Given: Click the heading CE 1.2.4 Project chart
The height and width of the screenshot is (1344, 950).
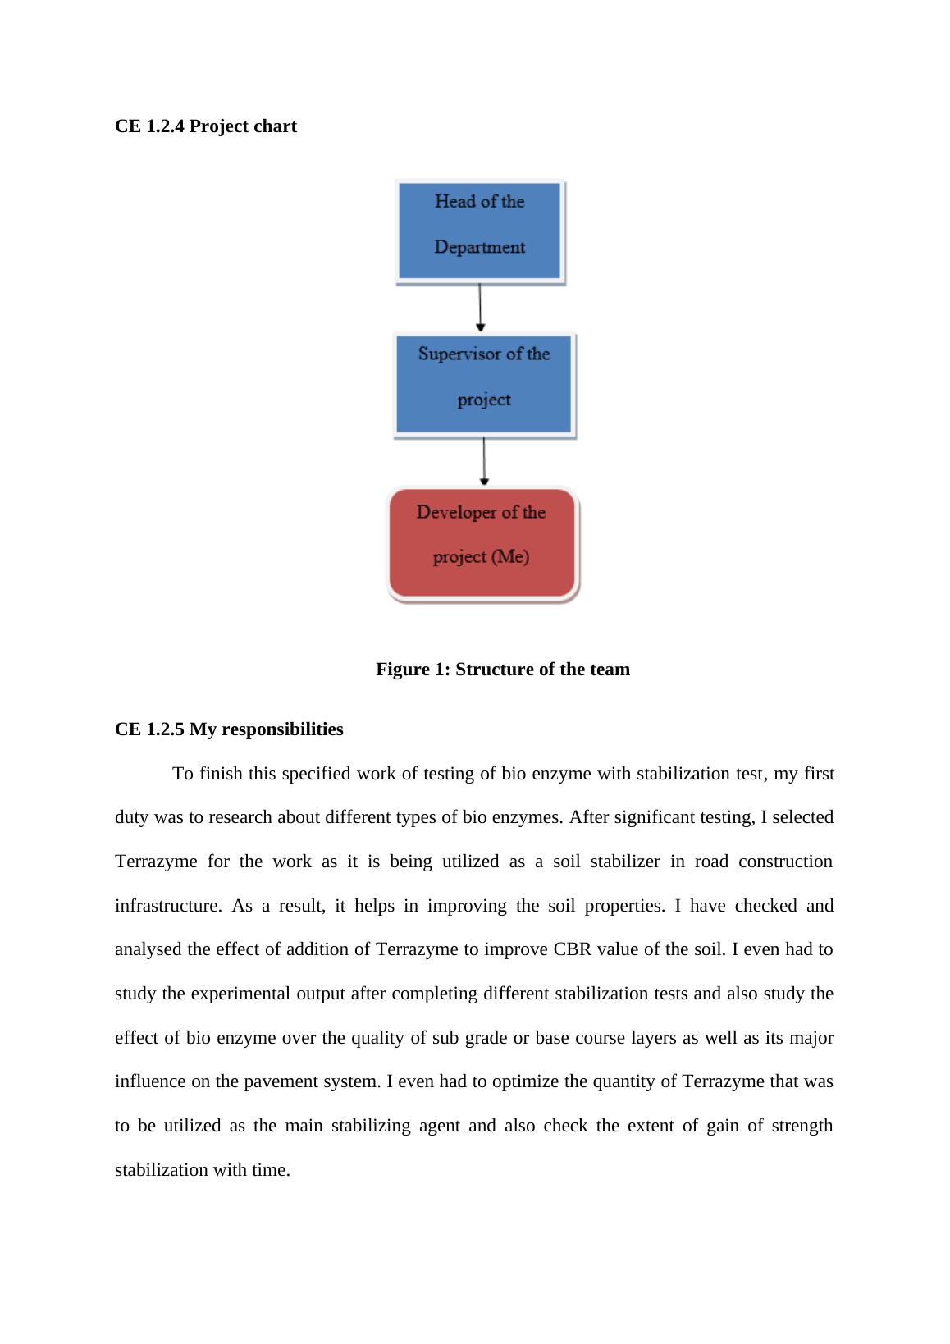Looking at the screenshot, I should coord(206,126).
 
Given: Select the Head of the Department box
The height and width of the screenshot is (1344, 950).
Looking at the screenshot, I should coord(480,231).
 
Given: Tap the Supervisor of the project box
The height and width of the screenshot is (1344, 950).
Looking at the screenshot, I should coord(484,384).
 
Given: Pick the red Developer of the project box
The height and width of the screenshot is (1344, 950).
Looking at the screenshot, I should coord(482,543).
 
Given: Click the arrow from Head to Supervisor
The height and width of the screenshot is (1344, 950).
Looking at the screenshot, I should coord(480,307).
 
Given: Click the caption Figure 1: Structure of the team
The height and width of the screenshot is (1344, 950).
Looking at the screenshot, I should coord(503,670).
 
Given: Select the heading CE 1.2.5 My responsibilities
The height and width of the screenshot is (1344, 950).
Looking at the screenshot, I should coord(229,729).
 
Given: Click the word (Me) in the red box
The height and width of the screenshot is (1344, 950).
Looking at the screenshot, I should coord(510,557).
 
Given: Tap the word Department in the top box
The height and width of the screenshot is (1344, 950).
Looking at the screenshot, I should coord(480,247).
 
